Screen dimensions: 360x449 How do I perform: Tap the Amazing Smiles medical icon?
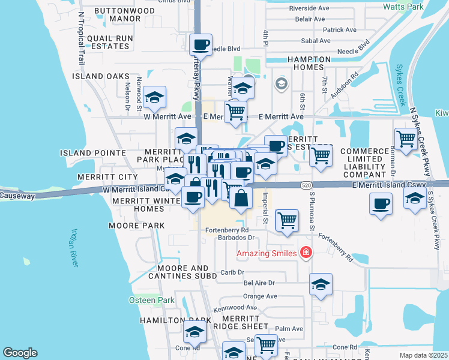(x=307, y=253)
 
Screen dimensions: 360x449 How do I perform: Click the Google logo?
(x=20, y=352)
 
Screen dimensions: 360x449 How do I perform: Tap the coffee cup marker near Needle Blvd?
(x=200, y=44)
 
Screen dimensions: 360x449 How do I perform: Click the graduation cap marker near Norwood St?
(x=154, y=98)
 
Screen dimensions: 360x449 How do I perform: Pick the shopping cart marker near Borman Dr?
(x=406, y=139)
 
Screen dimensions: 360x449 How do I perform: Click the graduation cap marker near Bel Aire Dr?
(x=321, y=284)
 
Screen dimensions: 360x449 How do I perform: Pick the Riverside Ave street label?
(x=310, y=8)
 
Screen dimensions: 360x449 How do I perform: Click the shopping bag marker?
(x=240, y=198)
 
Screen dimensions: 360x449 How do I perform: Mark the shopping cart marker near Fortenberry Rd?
(x=287, y=220)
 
